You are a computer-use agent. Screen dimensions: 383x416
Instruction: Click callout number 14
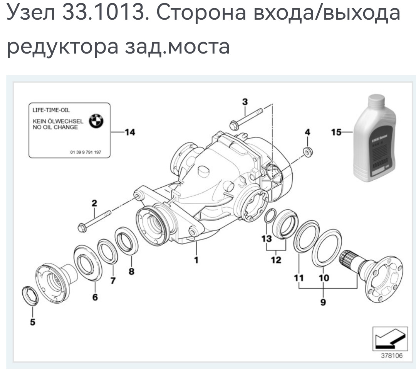point(130,133)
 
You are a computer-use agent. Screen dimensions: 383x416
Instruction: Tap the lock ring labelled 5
point(29,296)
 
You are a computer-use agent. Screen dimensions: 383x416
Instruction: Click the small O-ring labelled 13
point(270,216)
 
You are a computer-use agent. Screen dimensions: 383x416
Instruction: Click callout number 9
point(323,302)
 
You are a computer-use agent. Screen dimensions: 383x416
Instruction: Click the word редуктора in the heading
point(62,46)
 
